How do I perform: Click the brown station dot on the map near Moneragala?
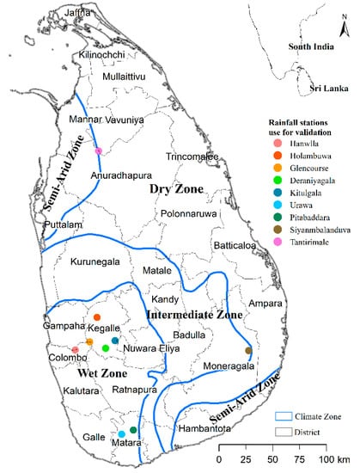point(248,350)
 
